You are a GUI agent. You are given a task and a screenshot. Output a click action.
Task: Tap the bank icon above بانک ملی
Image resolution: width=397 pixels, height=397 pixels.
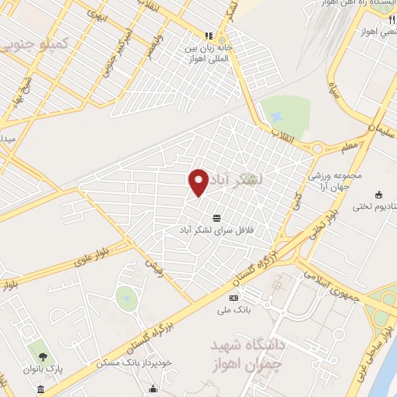[233, 299]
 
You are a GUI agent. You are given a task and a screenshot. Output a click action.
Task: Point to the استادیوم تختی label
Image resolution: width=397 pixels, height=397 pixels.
[374, 206]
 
